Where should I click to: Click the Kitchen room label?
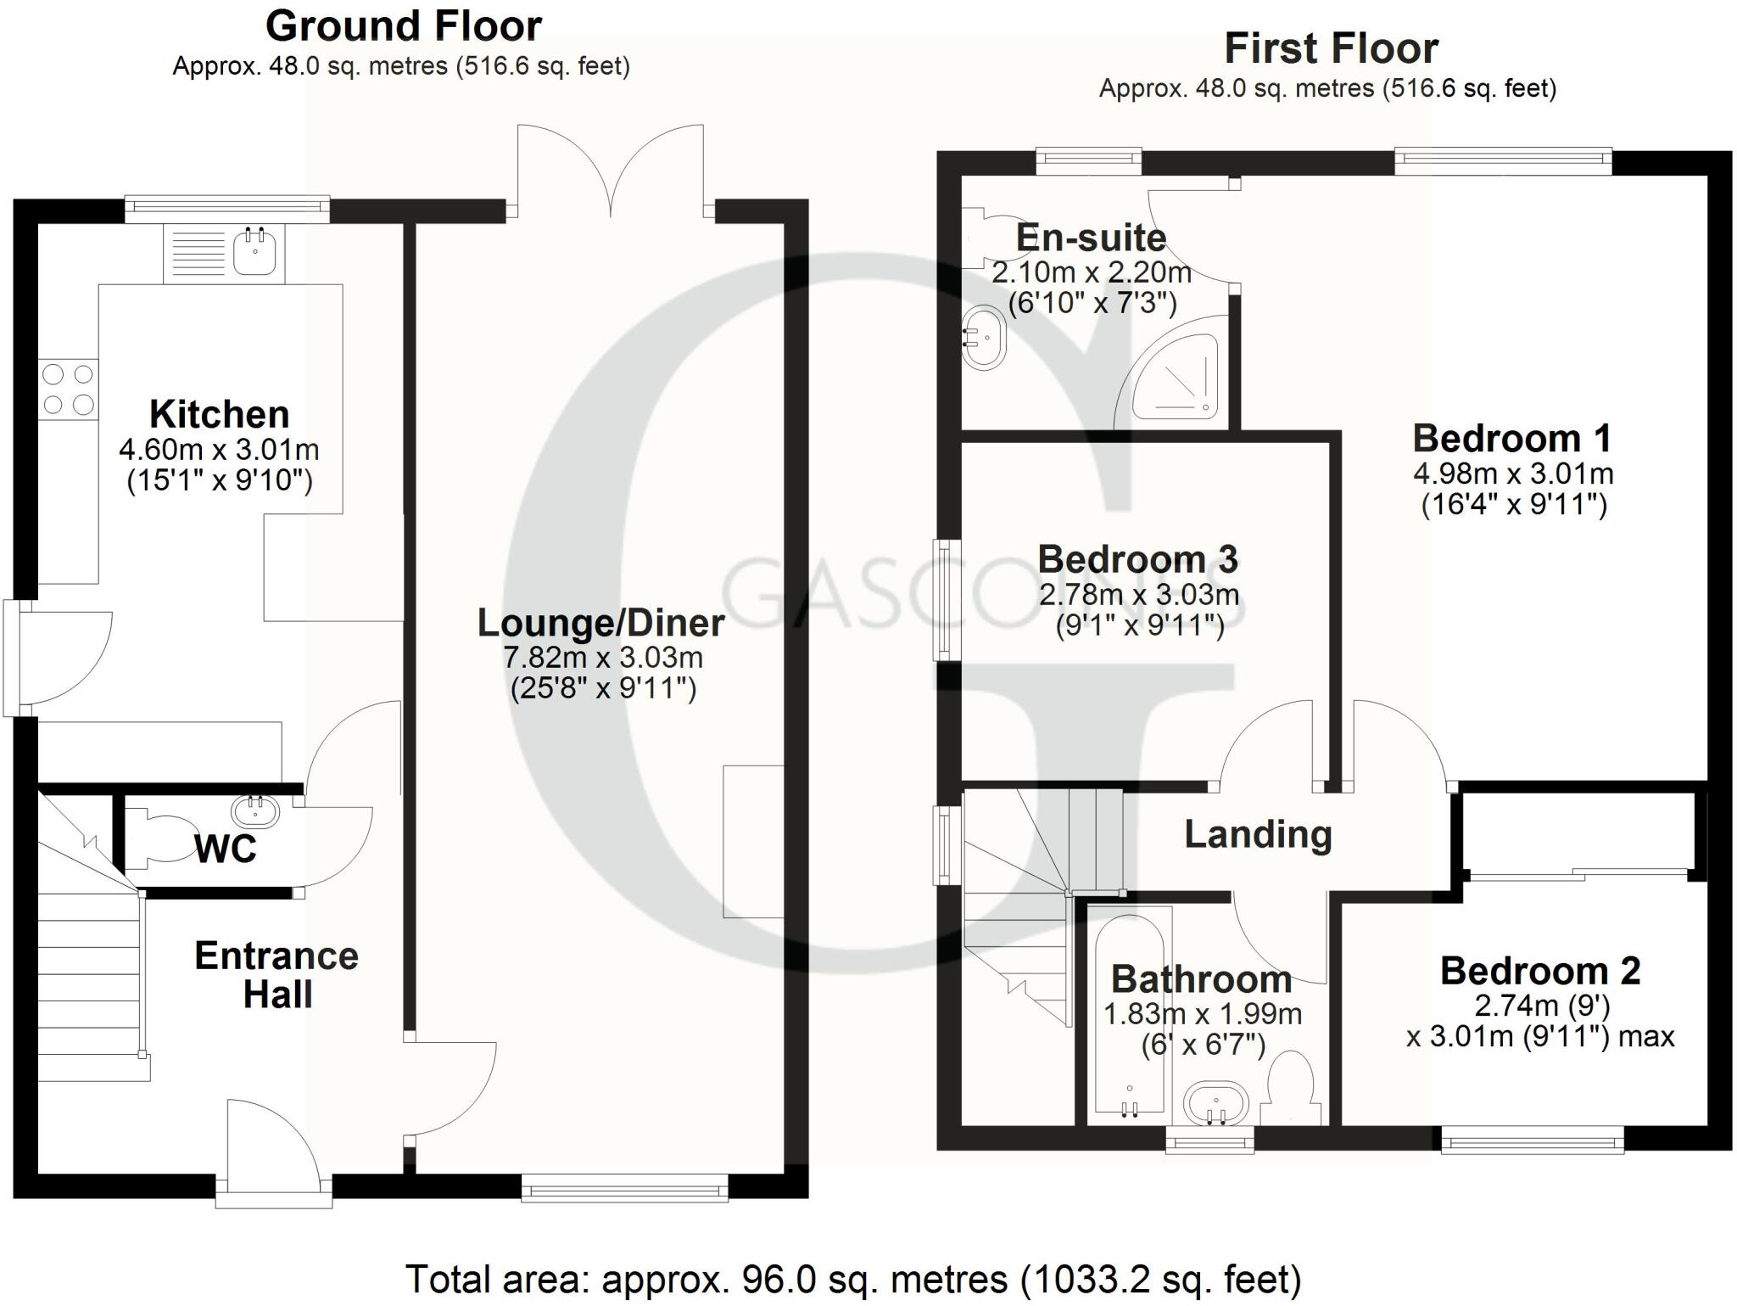(220, 415)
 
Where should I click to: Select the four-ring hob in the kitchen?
(68, 390)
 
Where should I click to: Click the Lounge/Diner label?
(600, 623)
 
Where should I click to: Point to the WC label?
(226, 849)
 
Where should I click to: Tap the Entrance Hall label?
(276, 975)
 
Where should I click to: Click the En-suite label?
(1091, 238)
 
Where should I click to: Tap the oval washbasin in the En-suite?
(984, 337)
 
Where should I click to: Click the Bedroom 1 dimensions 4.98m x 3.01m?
(1513, 474)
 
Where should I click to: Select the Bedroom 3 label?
(1137, 560)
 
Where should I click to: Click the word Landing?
(1258, 834)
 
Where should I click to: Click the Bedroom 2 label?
(1539, 972)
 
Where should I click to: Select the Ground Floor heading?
(404, 27)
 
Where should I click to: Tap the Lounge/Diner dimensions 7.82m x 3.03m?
(603, 658)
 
